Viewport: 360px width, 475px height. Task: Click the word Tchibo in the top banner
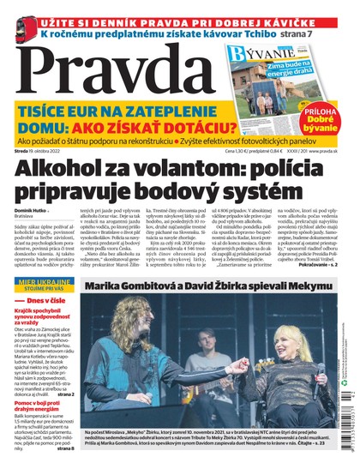[x=262, y=31]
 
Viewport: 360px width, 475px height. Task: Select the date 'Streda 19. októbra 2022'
[x=43, y=149]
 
